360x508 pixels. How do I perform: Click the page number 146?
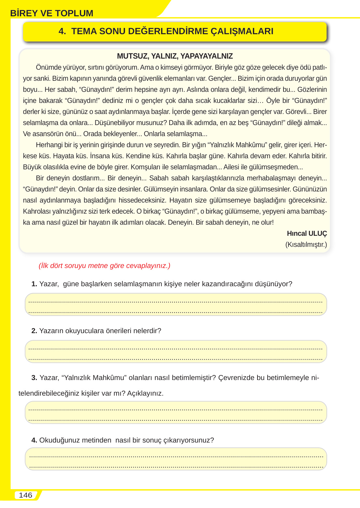[x=25, y=495]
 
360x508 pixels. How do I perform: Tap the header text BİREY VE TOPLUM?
[x=52, y=13]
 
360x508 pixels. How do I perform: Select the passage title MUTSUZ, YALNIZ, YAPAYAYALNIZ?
[x=175, y=56]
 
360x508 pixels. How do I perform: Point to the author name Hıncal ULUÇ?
[x=307, y=233]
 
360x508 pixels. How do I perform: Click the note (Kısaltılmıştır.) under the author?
[x=306, y=245]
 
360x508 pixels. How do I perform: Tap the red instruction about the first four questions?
[x=104, y=266]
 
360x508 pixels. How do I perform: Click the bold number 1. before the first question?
[x=34, y=284]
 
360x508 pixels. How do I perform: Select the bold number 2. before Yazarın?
[x=34, y=331]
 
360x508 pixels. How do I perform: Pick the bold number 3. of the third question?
[x=34, y=378]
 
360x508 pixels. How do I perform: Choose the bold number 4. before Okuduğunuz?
[x=34, y=440]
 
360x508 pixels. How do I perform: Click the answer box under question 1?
[x=176, y=304]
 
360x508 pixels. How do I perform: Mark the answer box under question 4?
[x=176, y=459]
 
